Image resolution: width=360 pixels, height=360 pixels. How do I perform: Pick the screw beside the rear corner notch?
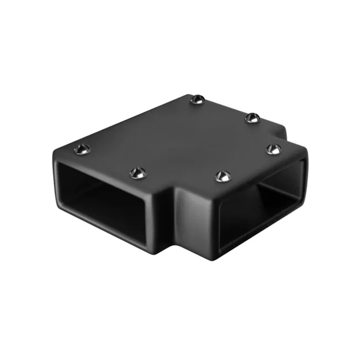[252, 117]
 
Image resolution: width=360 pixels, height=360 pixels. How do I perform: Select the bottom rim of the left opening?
[105, 230]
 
